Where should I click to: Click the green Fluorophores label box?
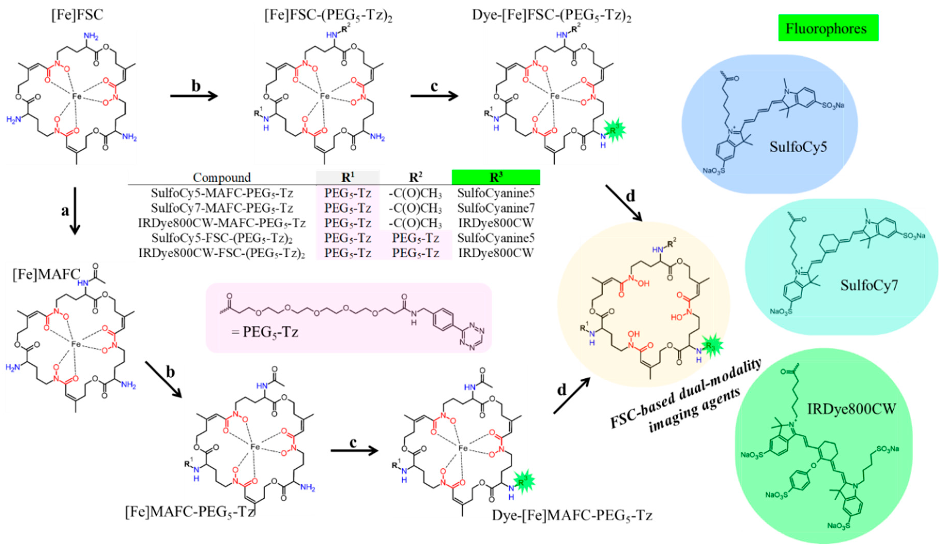tap(828, 28)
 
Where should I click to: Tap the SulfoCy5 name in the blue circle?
tap(798, 147)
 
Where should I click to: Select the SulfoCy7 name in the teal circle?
tap(869, 285)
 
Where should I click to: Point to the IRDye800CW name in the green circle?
tap(852, 409)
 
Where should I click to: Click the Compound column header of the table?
tap(222, 177)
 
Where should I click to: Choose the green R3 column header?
tap(496, 177)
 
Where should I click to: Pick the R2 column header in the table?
tap(415, 177)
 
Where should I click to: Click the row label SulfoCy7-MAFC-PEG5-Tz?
tap(222, 208)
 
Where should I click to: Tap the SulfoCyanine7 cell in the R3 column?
tap(496, 208)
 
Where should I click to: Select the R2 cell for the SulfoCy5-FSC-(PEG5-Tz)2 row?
tap(415, 238)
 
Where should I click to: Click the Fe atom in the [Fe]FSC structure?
tap(77, 96)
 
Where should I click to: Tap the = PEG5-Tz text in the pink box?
tap(265, 332)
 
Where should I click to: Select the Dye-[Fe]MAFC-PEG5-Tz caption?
tap(572, 515)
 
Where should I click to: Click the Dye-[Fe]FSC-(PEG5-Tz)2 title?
tap(551, 16)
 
